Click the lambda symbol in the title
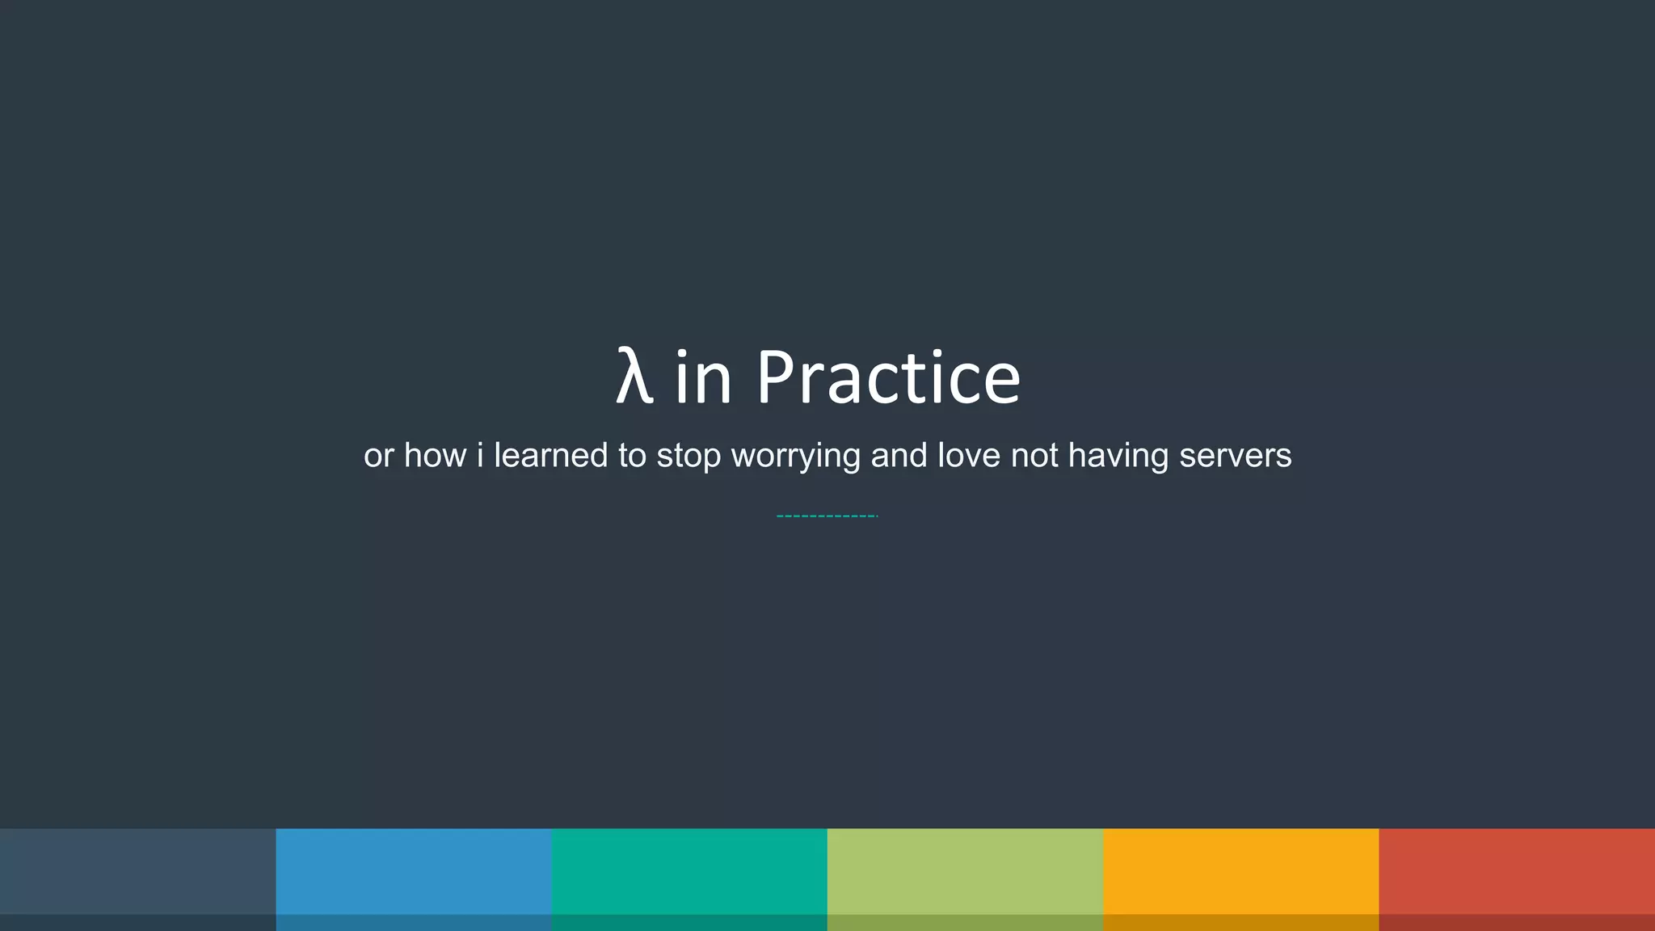pos(634,377)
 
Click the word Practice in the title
pos(888,377)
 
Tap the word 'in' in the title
pos(703,377)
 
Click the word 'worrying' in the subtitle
pos(795,457)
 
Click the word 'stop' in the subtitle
pos(688,457)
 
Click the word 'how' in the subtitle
pos(434,455)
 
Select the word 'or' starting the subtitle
pos(378,457)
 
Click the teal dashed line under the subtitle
pos(827,516)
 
